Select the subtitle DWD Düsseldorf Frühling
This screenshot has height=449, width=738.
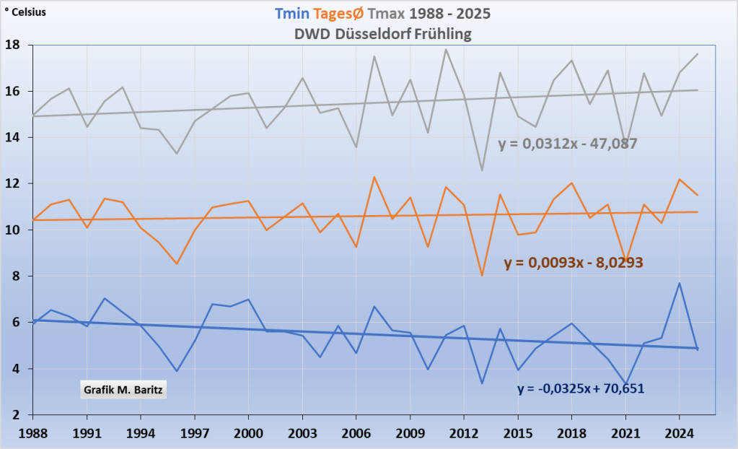pyautogui.click(x=382, y=34)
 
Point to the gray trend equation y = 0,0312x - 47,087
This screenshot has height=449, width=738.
pyautogui.click(x=568, y=144)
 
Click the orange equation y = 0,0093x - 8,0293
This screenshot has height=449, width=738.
pyautogui.click(x=574, y=263)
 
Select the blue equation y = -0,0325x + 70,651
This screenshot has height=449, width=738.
pyautogui.click(x=581, y=388)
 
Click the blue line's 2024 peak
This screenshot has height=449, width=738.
pyautogui.click(x=679, y=283)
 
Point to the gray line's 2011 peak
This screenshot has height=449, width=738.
pyautogui.click(x=446, y=49)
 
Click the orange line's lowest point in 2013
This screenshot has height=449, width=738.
pyautogui.click(x=482, y=276)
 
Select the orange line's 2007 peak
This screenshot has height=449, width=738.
pyautogui.click(x=374, y=177)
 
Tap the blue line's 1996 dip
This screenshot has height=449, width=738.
pyautogui.click(x=177, y=371)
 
